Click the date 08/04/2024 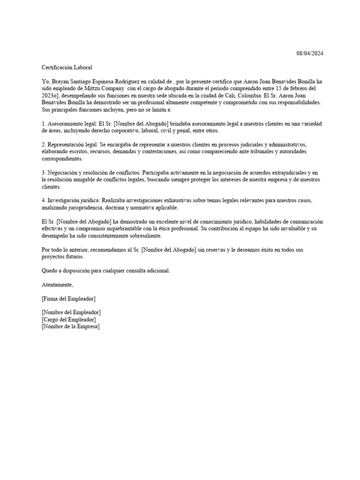point(310,53)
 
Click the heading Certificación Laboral point(67,67)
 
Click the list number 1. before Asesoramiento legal point(44,124)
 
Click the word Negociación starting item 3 point(63,173)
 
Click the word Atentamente point(57,285)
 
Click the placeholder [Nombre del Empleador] point(71,313)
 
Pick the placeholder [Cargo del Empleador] point(69,320)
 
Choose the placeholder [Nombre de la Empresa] point(71,327)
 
